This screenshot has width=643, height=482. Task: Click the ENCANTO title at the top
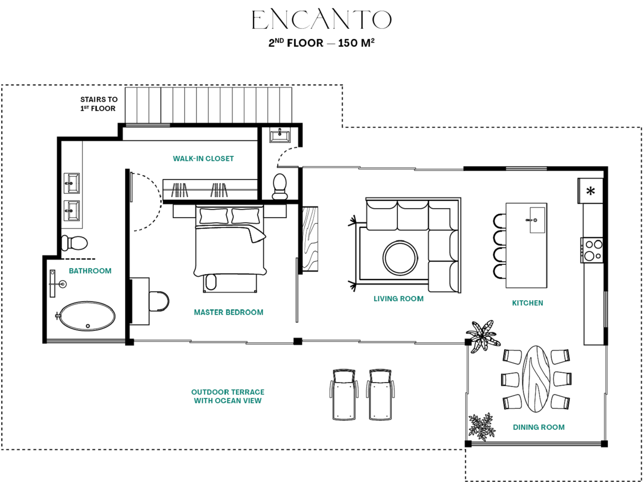(321, 20)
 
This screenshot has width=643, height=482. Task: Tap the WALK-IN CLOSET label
(203, 159)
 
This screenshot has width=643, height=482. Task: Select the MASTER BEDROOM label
(228, 312)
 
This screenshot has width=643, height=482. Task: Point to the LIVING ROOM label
(398, 299)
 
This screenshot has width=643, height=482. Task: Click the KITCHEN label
(527, 303)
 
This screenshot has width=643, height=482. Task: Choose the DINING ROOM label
(538, 427)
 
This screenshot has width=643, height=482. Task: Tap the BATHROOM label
(90, 271)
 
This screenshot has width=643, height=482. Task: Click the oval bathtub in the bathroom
(87, 316)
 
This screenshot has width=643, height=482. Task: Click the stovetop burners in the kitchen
(592, 250)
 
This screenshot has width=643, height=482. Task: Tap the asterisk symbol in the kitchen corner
(591, 192)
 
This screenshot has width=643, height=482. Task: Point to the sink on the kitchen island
(537, 220)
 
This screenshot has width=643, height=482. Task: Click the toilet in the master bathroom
(75, 243)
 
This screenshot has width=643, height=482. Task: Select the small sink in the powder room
(280, 136)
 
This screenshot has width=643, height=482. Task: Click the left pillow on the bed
(213, 216)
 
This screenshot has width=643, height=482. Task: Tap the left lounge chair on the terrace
(344, 395)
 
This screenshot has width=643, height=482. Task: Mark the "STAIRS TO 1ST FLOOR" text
(99, 104)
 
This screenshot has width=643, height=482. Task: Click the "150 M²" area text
(356, 43)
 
